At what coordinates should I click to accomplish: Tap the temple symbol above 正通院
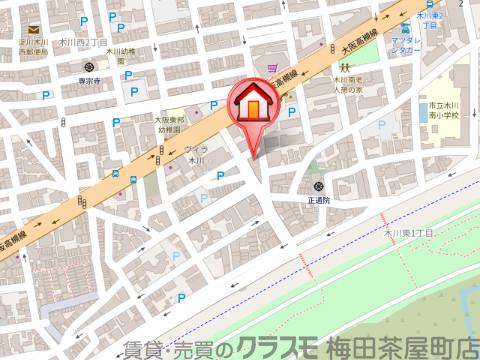318,187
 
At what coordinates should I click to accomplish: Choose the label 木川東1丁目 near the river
408,231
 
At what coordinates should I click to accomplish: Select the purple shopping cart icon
273,69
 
